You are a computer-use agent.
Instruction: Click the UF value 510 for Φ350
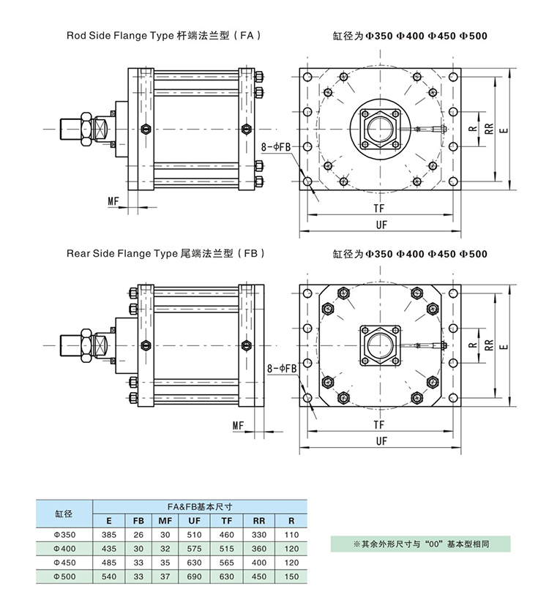point(194,536)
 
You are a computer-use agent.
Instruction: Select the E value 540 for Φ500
point(108,577)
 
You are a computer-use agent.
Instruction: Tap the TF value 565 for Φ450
point(226,563)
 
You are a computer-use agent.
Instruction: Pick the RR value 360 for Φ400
point(259,549)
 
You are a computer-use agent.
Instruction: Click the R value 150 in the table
point(291,577)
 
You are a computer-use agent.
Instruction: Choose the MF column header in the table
point(165,521)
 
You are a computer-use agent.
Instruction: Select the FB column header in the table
point(138,521)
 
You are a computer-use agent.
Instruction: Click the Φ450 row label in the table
point(64,563)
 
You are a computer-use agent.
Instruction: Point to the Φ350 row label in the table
point(64,536)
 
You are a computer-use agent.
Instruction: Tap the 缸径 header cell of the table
point(64,514)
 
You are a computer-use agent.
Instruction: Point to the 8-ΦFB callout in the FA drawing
point(276,147)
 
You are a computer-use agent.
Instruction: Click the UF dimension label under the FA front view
point(381,225)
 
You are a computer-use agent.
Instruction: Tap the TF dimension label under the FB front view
point(379,424)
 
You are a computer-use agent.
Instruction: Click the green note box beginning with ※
point(420,544)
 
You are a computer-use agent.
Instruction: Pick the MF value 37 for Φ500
point(165,577)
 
